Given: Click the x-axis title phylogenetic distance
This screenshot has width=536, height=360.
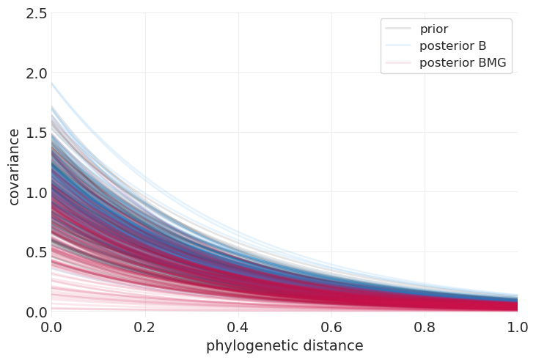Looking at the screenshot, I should [x=284, y=346].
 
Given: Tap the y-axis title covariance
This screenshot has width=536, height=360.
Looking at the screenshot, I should [x=14, y=166].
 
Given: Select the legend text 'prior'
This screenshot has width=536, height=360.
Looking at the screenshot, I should [x=433, y=29].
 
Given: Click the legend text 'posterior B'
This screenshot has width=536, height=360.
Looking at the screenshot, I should [x=452, y=46].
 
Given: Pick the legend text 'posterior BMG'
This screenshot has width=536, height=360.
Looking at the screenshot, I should [x=463, y=63].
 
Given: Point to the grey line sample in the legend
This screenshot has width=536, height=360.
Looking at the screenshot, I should [x=397, y=29].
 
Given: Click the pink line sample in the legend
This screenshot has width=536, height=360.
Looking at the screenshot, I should [x=397, y=63].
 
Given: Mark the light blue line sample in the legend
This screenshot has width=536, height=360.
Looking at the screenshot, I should [x=397, y=46].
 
